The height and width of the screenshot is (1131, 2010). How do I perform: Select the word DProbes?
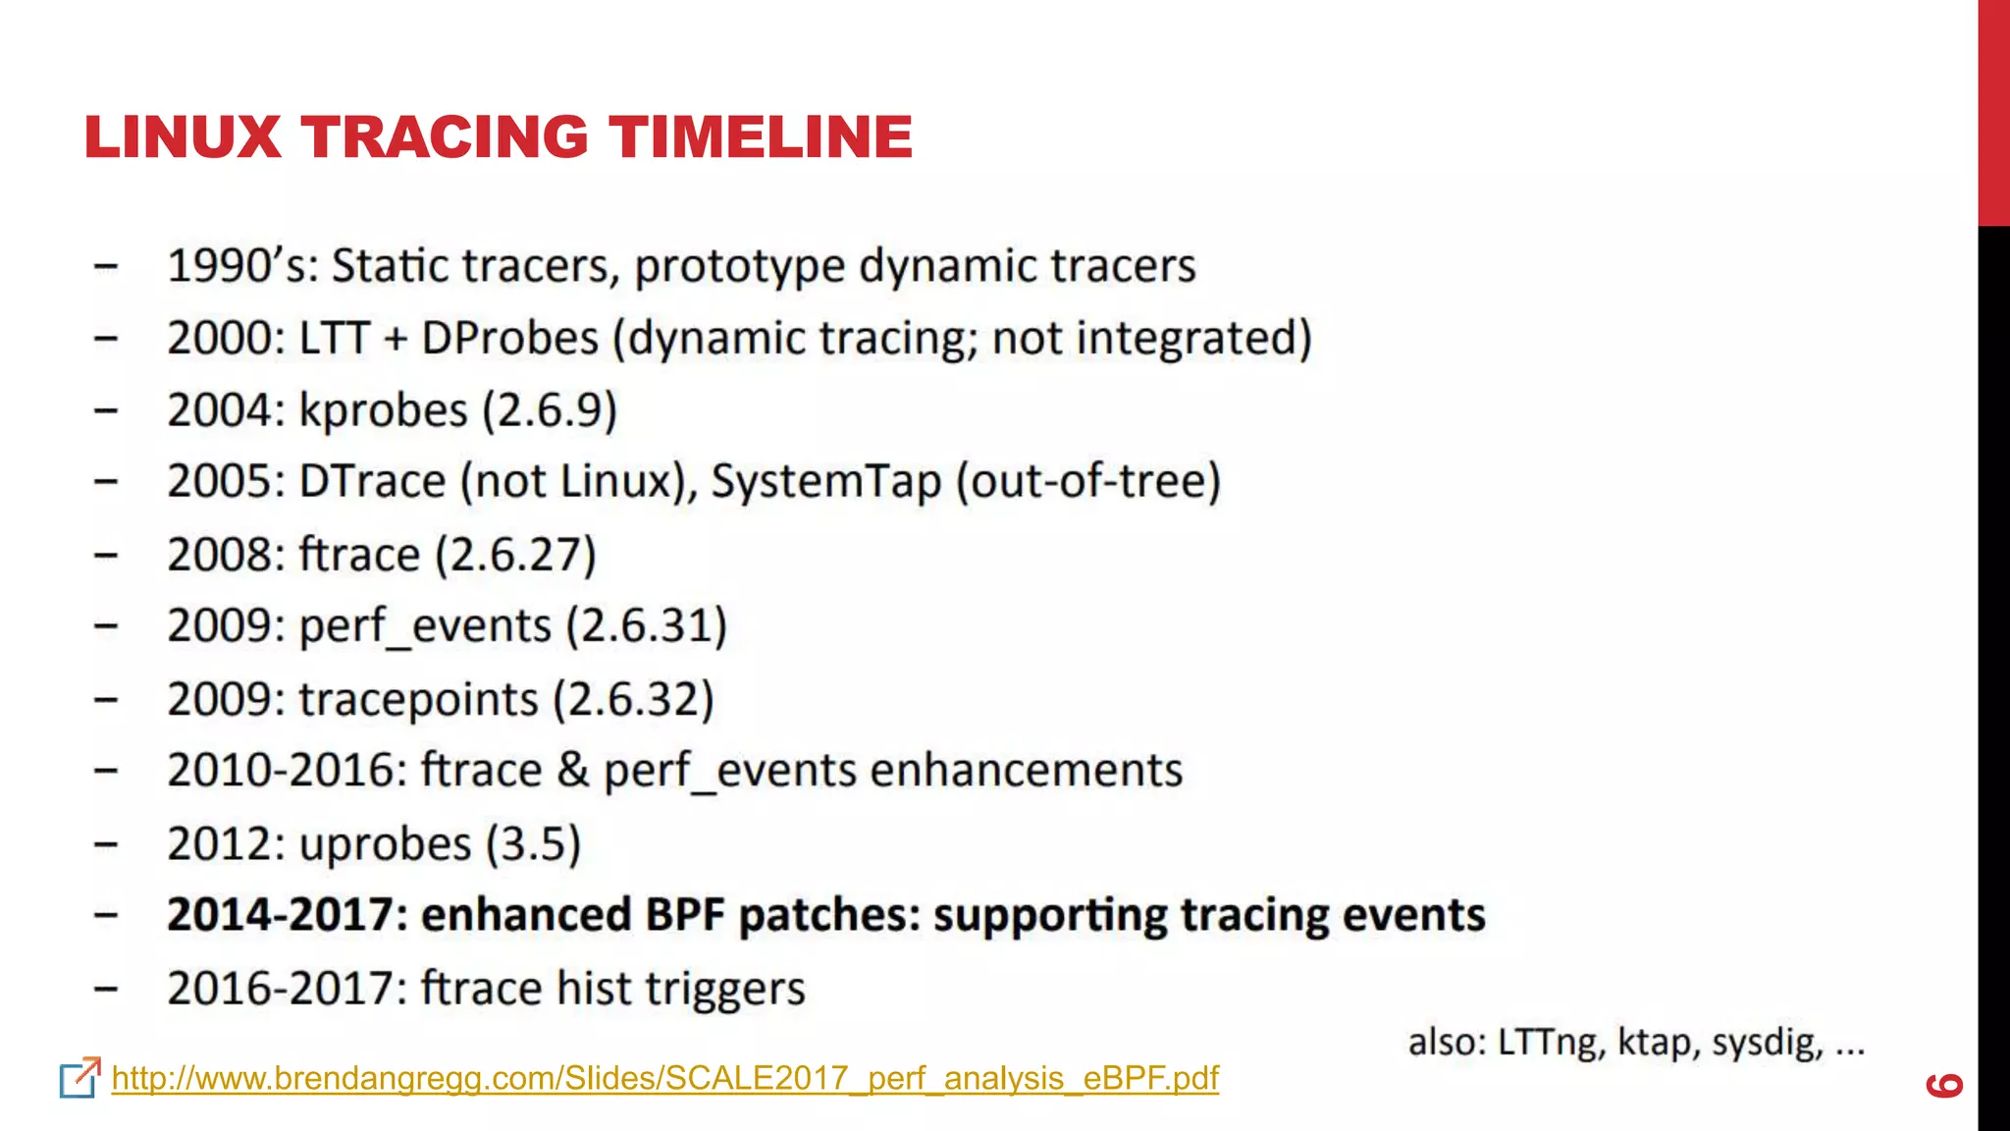click(x=509, y=339)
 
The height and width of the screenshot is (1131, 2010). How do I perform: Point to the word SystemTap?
click(x=825, y=482)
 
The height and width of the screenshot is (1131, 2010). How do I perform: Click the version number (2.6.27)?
click(x=515, y=555)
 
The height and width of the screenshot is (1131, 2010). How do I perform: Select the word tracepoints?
click(x=418, y=700)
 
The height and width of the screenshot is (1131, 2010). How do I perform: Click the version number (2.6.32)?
click(x=633, y=700)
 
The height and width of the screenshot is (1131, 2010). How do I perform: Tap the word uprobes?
click(x=386, y=844)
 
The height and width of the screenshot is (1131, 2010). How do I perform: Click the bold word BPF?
click(x=684, y=915)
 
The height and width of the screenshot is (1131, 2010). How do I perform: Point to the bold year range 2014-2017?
click(x=281, y=915)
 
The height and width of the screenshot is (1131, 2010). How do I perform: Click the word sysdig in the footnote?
click(x=1767, y=1043)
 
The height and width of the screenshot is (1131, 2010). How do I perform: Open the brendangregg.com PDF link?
click(x=664, y=1078)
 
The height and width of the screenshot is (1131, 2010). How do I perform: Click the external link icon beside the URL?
click(x=79, y=1077)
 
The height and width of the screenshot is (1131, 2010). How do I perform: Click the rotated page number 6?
click(x=1944, y=1085)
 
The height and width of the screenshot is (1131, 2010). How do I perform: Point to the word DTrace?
click(x=372, y=482)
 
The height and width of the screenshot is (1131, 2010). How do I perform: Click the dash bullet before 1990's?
click(x=106, y=266)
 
